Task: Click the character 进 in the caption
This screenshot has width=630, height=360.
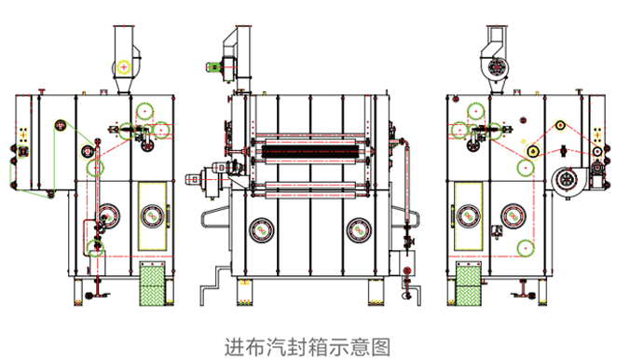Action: tap(233, 346)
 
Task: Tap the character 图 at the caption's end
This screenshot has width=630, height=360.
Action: tap(380, 346)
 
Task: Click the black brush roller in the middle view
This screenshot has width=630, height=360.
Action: tap(309, 151)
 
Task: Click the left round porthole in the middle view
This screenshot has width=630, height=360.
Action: tap(262, 231)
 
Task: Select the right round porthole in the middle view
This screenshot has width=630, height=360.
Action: tap(359, 231)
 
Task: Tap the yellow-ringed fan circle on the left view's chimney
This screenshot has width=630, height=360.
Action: tap(124, 67)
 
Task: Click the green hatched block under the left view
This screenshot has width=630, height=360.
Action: tap(152, 284)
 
